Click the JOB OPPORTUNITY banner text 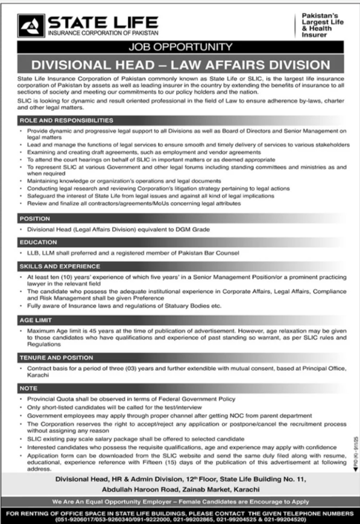click(x=179, y=46)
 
